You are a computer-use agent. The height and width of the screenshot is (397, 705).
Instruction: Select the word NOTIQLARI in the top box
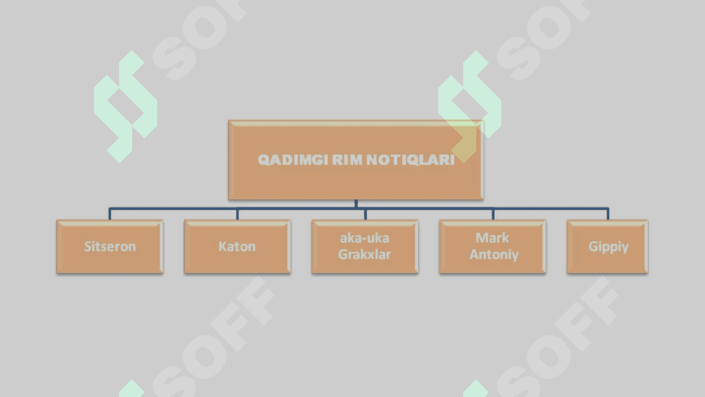(x=411, y=160)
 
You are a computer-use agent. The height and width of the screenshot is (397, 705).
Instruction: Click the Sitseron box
(x=110, y=247)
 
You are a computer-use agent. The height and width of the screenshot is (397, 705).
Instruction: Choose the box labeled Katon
(x=237, y=247)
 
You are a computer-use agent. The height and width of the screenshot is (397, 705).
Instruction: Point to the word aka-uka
(x=365, y=238)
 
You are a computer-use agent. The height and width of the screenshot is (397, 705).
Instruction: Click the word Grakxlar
(x=365, y=254)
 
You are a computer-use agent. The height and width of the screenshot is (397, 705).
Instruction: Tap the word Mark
(x=492, y=238)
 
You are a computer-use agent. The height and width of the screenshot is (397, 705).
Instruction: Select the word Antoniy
(x=494, y=254)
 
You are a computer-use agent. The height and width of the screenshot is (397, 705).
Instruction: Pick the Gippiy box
(x=608, y=247)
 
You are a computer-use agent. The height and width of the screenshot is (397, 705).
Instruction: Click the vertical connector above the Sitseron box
(x=110, y=214)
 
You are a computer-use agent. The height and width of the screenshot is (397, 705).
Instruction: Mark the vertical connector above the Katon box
(x=237, y=214)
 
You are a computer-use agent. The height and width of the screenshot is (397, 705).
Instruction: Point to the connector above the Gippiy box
(x=608, y=214)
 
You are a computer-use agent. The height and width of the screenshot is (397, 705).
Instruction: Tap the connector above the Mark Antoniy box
(x=493, y=214)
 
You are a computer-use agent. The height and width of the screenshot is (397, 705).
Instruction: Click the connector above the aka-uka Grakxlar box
(x=365, y=214)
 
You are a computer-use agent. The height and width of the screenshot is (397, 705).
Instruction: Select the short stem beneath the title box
(x=356, y=203)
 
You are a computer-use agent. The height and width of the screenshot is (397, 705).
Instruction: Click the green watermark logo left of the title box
(x=125, y=106)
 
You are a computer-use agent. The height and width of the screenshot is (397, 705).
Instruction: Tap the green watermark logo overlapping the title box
(x=470, y=106)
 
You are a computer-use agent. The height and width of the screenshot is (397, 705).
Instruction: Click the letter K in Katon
(x=222, y=247)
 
